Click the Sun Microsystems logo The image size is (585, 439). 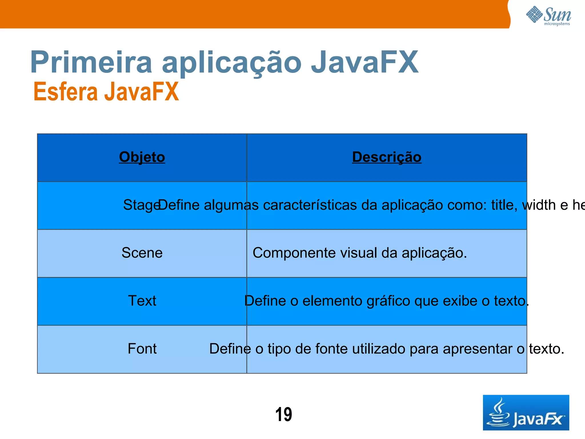548,16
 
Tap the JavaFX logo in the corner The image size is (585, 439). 526,413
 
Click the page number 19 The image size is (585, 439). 283,414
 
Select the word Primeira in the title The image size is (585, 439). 91,62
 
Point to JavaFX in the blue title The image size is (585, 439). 364,62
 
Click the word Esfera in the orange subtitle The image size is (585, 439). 65,92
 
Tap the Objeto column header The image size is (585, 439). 142,157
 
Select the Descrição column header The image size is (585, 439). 386,157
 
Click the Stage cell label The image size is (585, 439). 140,205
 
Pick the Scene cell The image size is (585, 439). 142,253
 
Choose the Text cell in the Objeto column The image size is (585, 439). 142,301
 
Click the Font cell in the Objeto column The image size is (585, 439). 142,349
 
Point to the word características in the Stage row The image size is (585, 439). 310,205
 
